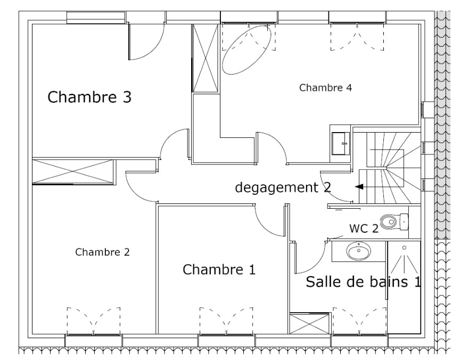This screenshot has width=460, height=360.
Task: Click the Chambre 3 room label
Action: (x=89, y=97)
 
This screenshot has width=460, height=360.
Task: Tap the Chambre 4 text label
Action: (x=325, y=87)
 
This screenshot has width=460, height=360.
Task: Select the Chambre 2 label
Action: (x=102, y=252)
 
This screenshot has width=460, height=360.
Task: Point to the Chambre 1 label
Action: (x=219, y=269)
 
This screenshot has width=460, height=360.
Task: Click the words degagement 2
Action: (x=283, y=187)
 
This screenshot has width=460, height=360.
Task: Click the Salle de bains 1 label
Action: (x=363, y=282)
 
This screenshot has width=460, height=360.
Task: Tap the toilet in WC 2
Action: (x=394, y=220)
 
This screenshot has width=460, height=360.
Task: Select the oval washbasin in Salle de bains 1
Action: (x=359, y=250)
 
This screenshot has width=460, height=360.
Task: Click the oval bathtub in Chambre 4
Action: (x=247, y=50)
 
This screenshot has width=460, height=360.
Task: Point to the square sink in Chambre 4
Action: (x=340, y=143)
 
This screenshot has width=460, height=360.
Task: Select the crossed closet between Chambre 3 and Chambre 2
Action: (x=73, y=171)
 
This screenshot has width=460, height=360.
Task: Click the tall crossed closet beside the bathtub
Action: (x=204, y=58)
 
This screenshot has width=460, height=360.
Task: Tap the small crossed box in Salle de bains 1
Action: (x=309, y=324)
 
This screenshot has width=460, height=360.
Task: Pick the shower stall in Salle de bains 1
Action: (x=404, y=288)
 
